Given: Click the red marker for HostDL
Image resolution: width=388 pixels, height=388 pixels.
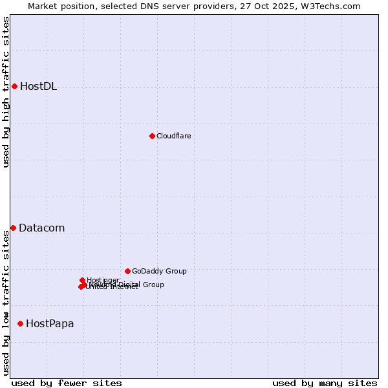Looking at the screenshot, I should coord(14,86).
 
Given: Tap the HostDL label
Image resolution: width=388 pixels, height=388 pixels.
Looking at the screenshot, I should coord(38,87).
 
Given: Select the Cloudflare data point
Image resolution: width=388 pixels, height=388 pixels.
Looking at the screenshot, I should coord(152,136).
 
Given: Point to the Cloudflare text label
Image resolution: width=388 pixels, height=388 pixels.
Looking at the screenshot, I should coord(173,136).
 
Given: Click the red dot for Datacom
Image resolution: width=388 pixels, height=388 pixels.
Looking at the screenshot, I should coord(13,228).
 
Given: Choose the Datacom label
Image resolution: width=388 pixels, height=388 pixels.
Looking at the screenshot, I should coord(41,228).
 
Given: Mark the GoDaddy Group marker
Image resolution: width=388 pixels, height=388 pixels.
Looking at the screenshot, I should coord(127,271).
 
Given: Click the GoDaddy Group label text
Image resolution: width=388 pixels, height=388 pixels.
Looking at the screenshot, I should coord(159,271).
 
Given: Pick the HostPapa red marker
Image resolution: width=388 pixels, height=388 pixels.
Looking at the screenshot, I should coord(20,323).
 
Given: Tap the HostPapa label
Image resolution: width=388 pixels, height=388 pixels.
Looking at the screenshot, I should coord(50,324).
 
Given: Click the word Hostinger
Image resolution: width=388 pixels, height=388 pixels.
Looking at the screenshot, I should coord(103,280).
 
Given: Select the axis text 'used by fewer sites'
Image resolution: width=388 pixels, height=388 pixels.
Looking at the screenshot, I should coord(67,383).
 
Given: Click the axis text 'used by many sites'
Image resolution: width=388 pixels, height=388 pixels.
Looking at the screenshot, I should coord(325,383).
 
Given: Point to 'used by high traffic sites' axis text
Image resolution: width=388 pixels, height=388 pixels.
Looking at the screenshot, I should coord(6,92).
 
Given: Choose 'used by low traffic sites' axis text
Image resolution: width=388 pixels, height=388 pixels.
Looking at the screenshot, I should coord(6,303).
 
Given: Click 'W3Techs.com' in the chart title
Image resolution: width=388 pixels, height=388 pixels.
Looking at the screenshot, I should coord(334,6).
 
